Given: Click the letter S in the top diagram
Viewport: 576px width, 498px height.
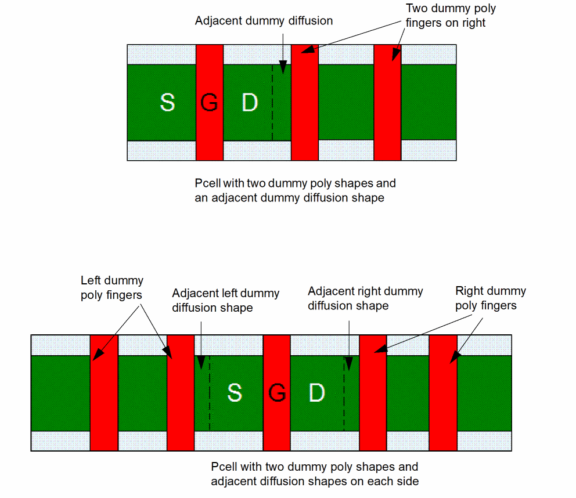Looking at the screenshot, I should (167, 103).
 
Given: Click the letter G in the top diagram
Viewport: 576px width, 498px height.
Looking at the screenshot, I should (209, 103).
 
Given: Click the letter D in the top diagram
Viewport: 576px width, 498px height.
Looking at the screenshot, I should (249, 103).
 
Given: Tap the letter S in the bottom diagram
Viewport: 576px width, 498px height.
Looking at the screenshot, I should (234, 393).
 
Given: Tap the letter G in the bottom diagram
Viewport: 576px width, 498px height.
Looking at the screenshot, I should (277, 393).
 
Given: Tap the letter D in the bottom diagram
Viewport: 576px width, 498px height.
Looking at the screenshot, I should (316, 393).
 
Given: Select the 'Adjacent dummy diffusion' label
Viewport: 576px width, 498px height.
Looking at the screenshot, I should (264, 21).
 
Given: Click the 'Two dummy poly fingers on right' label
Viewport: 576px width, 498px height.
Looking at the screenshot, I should (451, 16).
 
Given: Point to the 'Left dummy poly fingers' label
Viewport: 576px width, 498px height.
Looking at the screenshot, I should (111, 288).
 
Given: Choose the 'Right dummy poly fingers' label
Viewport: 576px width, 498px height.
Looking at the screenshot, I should (490, 298).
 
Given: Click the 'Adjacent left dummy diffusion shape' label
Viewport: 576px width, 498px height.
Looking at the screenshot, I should (225, 300).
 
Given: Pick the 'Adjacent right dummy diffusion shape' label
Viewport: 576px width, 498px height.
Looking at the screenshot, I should (365, 298).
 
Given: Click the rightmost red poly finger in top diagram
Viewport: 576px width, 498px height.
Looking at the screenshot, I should (387, 102).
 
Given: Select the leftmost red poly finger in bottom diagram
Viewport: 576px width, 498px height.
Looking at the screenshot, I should (104, 393).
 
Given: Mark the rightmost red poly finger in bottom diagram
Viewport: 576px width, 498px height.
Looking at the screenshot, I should (443, 393).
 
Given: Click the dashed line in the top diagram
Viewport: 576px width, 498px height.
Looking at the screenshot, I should (272, 102).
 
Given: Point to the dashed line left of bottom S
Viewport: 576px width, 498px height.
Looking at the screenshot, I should (209, 393).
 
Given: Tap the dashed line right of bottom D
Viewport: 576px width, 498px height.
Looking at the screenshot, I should (344, 393).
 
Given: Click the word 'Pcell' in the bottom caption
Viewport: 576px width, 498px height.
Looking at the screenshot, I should (224, 467).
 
